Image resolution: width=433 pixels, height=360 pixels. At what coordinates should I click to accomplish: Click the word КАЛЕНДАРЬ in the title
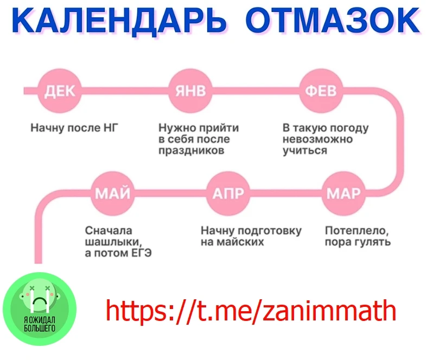119,21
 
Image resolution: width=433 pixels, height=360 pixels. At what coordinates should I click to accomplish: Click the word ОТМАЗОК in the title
333,20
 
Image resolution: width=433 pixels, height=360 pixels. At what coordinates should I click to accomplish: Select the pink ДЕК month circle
60,91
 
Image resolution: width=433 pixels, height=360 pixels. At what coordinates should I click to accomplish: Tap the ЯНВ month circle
190,91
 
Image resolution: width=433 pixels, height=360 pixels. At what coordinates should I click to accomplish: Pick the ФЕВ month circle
321,91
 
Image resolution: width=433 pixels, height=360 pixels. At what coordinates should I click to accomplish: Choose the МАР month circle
343,194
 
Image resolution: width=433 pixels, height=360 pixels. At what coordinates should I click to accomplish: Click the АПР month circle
228,194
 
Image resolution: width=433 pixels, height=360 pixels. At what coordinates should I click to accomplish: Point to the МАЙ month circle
113,194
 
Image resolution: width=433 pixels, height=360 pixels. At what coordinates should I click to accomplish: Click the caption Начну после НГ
74,128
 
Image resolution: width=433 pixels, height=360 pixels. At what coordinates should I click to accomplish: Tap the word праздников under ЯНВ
192,151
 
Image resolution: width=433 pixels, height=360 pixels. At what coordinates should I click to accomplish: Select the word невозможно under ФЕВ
317,139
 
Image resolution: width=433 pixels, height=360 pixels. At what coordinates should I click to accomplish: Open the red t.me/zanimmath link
251,311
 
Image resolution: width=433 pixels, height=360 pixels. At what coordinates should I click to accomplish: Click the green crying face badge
40,309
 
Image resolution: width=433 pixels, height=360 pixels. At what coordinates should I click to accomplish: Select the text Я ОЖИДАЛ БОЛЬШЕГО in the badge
40,324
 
